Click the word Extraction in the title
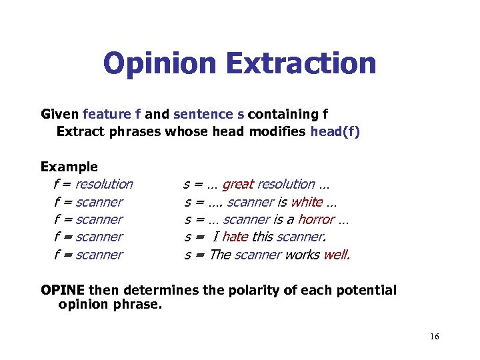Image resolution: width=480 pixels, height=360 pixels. tap(301, 64)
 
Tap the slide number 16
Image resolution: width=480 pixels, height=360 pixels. tap(434, 337)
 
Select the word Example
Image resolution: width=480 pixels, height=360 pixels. tap(69, 167)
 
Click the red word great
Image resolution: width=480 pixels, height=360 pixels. tap(238, 184)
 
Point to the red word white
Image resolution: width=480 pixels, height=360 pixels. tap(307, 202)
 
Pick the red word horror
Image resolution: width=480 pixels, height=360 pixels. tap(316, 219)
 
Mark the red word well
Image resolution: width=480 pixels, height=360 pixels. tap(337, 255)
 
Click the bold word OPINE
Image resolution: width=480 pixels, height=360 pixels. tap(63, 290)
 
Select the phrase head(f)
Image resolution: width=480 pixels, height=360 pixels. tap(335, 131)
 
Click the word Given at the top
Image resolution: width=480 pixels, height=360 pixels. tap(59, 114)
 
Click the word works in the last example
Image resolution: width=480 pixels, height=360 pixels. tap(302, 255)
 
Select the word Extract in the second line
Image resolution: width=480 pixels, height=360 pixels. tap(81, 131)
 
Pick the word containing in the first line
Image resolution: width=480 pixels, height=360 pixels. tap(283, 114)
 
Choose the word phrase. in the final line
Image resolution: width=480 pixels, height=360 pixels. tap(139, 305)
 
